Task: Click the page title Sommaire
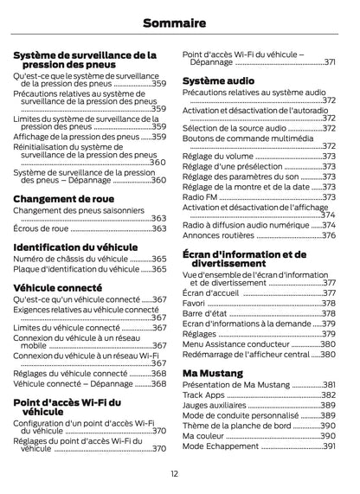[x=180, y=21]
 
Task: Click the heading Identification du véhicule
[x=75, y=247]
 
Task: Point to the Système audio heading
[x=218, y=80]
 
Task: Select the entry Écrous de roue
[x=41, y=229]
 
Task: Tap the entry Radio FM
[x=200, y=197]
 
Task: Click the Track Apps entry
[x=204, y=395]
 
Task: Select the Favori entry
[x=194, y=304]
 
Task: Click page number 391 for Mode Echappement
[x=329, y=446]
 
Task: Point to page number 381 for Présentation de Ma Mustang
[x=329, y=384]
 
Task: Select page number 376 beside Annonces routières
[x=329, y=235]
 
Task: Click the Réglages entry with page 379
[x=200, y=334]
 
